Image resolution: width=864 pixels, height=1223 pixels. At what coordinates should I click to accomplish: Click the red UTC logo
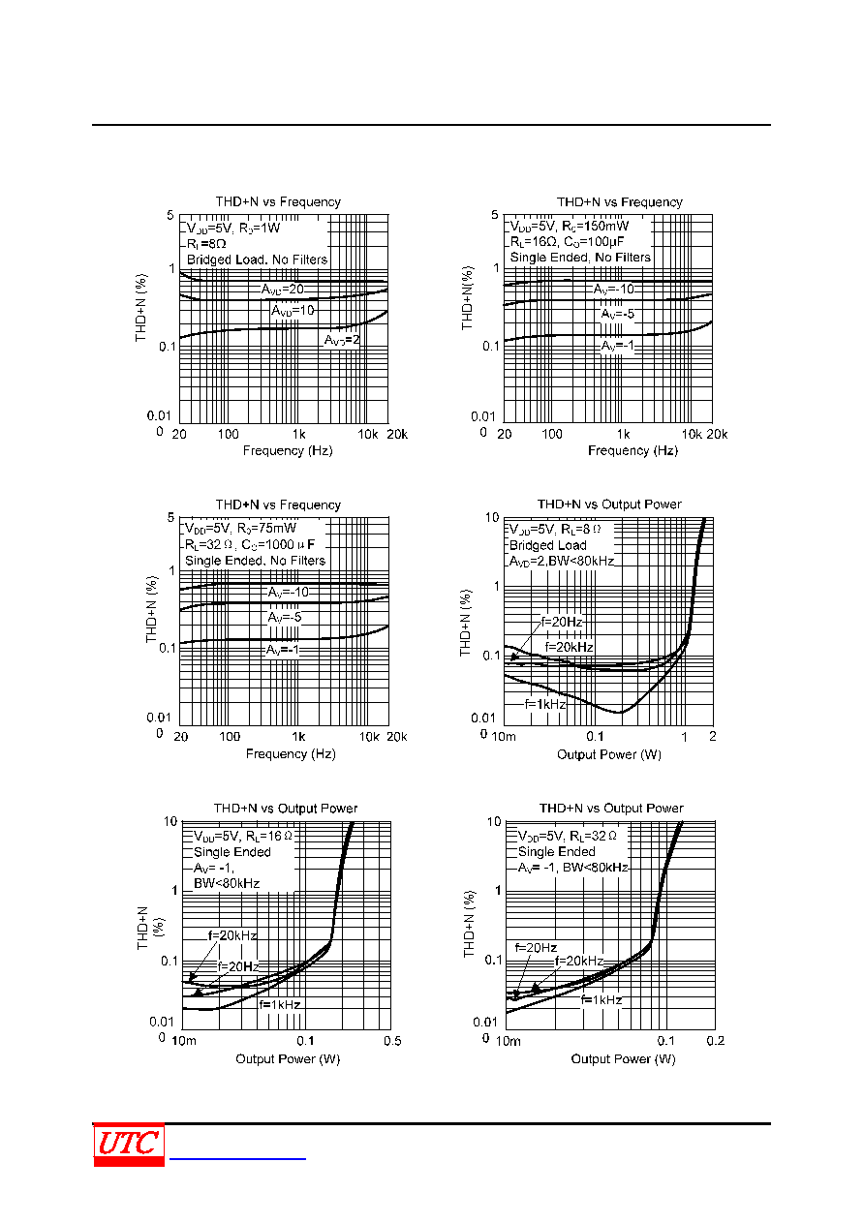pos(129,1145)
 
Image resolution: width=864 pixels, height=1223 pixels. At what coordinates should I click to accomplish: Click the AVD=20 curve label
pos(282,289)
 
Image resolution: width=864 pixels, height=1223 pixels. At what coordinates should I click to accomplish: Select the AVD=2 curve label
pos(342,340)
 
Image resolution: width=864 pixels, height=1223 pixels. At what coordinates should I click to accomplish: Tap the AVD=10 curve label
pos(293,311)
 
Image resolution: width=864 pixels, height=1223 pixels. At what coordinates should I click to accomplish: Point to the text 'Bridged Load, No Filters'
pos(257,260)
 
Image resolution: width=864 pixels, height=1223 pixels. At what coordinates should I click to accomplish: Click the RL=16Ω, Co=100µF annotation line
pos(567,242)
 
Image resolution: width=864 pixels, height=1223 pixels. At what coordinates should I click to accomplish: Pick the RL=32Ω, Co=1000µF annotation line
pos(250,544)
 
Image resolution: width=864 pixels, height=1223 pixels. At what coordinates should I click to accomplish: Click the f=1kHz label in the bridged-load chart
pos(545,704)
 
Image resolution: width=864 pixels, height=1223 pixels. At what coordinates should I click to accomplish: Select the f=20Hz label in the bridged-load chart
pos(562,622)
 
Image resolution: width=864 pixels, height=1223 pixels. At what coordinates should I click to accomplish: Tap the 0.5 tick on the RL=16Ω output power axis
pos(392,1041)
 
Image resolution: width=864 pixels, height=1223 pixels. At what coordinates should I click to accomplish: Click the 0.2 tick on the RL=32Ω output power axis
pos(716,1041)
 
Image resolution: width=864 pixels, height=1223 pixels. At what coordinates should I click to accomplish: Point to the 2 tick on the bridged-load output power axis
pos(713,736)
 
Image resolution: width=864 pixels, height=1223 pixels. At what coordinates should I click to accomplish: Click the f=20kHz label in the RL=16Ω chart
pos(232,935)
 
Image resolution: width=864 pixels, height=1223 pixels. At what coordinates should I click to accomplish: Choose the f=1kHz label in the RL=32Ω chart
pos(602,999)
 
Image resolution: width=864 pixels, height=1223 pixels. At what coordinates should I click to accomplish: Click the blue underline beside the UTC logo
pos(237,1158)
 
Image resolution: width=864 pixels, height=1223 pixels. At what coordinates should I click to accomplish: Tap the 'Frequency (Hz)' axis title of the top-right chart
pos(633,450)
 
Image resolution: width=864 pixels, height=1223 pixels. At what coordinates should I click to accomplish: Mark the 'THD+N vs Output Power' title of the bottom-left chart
pos(285,808)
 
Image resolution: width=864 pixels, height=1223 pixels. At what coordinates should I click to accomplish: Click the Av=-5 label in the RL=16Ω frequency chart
pos(618,314)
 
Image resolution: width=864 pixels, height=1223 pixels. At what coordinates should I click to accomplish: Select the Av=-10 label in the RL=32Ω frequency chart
pos(289,593)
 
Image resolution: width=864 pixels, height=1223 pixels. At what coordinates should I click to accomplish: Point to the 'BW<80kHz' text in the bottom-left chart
pos(227,883)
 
